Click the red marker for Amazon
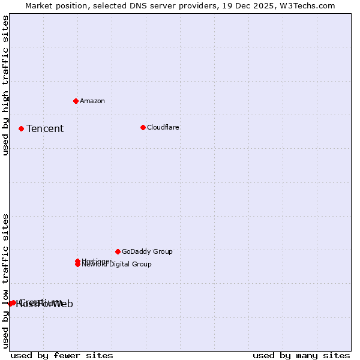click(x=76, y=101)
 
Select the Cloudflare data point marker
click(x=143, y=127)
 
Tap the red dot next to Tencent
click(x=21, y=128)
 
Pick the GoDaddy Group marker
click(x=118, y=251)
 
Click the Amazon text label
click(x=92, y=101)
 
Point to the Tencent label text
click(x=45, y=128)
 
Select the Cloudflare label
click(x=163, y=127)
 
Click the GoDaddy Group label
click(x=147, y=251)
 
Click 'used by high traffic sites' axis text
click(x=6, y=86)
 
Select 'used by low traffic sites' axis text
click(x=6, y=281)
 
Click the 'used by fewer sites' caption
click(x=62, y=355)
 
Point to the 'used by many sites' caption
click(x=301, y=355)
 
